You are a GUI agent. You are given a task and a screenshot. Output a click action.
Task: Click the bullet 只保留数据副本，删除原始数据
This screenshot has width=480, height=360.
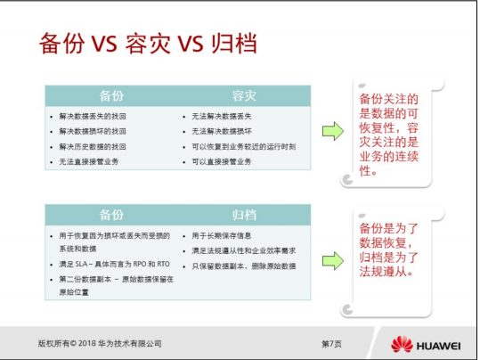(243, 266)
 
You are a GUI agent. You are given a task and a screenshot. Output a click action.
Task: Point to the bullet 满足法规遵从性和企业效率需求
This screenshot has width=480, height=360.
(243, 250)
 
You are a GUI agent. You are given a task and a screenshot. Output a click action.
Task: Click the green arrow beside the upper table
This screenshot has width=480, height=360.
(332, 131)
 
